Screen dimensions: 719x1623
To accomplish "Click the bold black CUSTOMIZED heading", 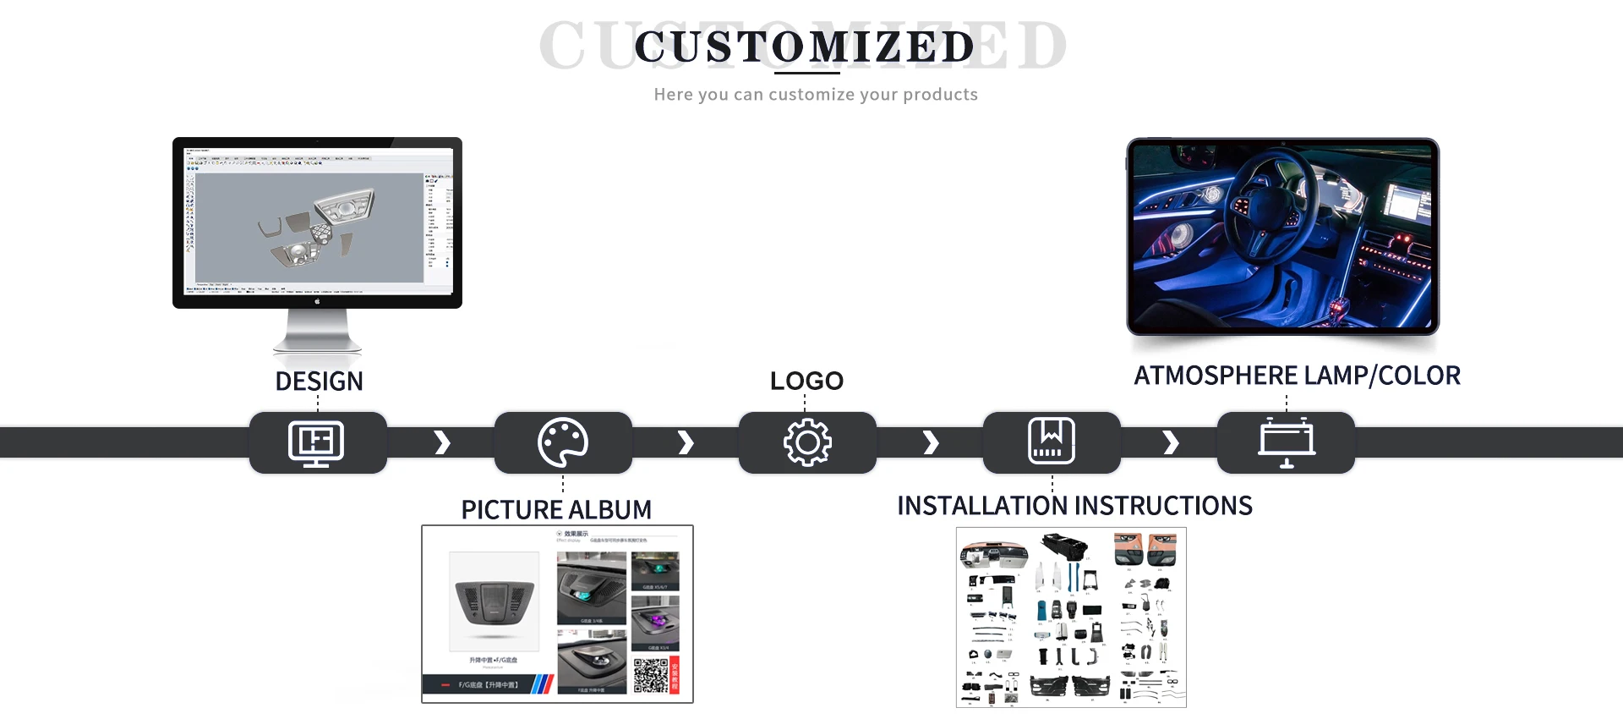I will click(x=805, y=47).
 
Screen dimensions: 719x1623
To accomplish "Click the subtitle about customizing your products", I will click(x=816, y=95).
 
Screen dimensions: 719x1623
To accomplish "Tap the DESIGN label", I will click(x=319, y=381).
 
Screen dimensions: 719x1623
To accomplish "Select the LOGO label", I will click(x=806, y=381).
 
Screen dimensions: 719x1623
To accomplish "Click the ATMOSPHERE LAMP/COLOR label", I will click(x=1297, y=376).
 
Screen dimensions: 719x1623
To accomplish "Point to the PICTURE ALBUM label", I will click(x=556, y=509).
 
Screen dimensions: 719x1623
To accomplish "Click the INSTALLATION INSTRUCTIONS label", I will click(x=1074, y=506).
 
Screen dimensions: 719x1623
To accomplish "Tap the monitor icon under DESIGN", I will click(x=316, y=442).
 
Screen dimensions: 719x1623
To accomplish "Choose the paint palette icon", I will click(x=563, y=442).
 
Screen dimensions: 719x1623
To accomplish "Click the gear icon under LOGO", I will click(x=807, y=442).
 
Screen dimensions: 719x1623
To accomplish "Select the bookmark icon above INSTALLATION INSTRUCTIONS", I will click(x=1052, y=441).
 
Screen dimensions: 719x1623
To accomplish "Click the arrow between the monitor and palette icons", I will click(x=442, y=442).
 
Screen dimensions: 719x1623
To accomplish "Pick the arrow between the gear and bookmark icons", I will click(x=931, y=442).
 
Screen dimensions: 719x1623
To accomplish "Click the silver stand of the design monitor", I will click(x=317, y=330).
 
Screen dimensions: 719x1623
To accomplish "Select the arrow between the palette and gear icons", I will click(x=686, y=442).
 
